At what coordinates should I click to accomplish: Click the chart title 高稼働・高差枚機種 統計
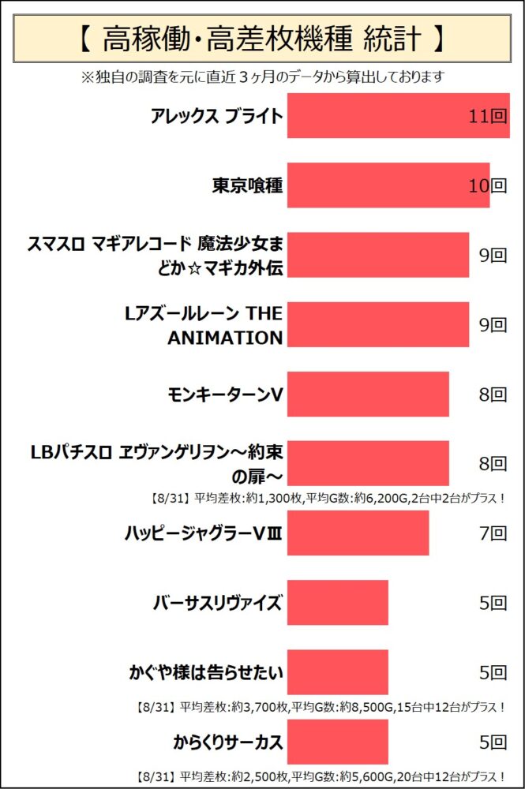point(262,37)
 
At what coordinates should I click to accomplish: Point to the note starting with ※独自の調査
point(262,77)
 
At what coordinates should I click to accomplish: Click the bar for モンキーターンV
point(367,394)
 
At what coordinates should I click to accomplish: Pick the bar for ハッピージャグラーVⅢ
point(358,533)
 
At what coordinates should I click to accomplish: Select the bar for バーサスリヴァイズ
point(337,603)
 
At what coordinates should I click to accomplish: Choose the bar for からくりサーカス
point(337,742)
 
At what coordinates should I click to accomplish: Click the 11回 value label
point(486,117)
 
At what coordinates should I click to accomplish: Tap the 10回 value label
point(486,186)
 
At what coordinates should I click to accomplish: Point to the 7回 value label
point(492,533)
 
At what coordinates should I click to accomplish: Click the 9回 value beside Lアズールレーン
point(492,324)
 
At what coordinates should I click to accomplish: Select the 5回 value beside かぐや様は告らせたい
point(492,672)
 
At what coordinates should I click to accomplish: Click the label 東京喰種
point(247,185)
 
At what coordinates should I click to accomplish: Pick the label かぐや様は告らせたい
point(206,673)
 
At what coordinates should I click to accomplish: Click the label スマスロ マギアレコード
point(155,255)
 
